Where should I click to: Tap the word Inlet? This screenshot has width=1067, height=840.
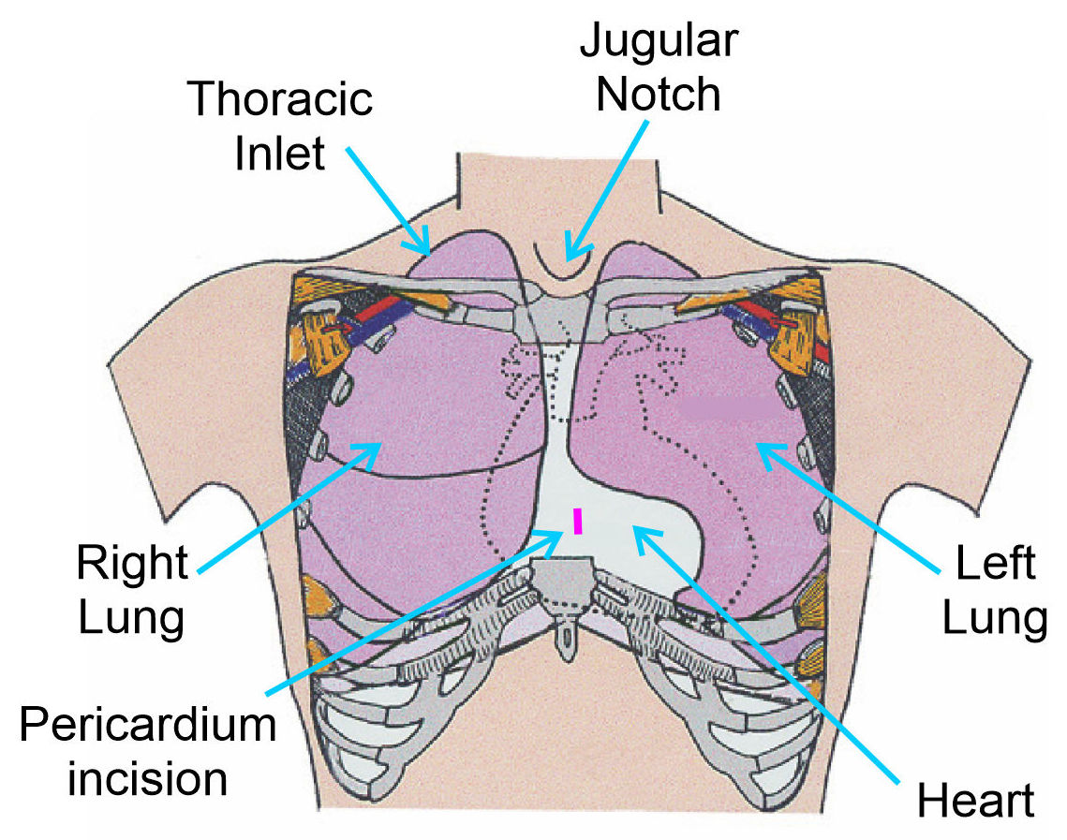pos(280,151)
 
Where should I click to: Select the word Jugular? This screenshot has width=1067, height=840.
pos(659,40)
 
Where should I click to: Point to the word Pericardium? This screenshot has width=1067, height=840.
pos(148,726)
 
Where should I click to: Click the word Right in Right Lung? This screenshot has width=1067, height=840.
pos(132,565)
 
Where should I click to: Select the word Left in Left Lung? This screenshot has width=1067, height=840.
pos(995,565)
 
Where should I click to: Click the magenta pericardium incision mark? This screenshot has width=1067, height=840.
pos(578,521)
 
